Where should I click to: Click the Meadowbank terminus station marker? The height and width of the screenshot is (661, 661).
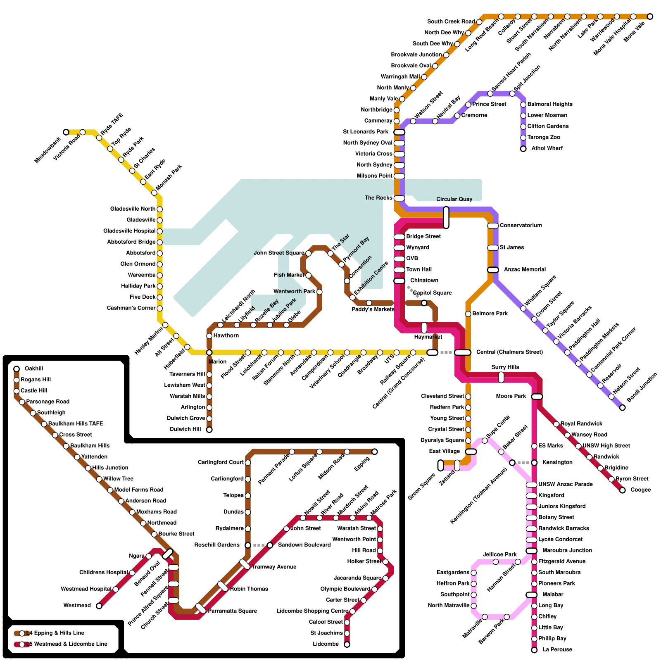[x=66, y=132]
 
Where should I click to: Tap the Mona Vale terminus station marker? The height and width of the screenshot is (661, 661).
[x=650, y=17]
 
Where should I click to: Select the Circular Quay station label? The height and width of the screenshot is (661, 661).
[x=454, y=199]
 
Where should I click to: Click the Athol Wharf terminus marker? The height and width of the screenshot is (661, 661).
[x=523, y=149]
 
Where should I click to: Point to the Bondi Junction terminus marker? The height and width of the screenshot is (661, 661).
[x=623, y=408]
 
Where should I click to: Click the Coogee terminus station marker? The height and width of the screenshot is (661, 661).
[x=623, y=490]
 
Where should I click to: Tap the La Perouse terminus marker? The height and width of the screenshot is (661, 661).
[x=534, y=650]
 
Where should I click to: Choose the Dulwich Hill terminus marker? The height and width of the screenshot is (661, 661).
[x=209, y=430]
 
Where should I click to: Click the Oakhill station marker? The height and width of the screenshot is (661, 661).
[x=17, y=369]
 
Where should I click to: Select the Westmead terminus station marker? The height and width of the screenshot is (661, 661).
[x=99, y=606]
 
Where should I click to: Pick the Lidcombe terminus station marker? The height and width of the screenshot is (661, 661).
[x=347, y=644]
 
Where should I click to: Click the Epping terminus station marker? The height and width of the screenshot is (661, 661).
[x=375, y=452]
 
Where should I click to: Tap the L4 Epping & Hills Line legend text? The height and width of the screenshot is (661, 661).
[x=55, y=633]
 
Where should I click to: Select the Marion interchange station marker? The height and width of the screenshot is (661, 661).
[x=209, y=352]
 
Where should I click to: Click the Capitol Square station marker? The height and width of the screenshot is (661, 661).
[x=424, y=303]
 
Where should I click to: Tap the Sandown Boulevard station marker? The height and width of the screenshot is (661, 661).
[x=270, y=545]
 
